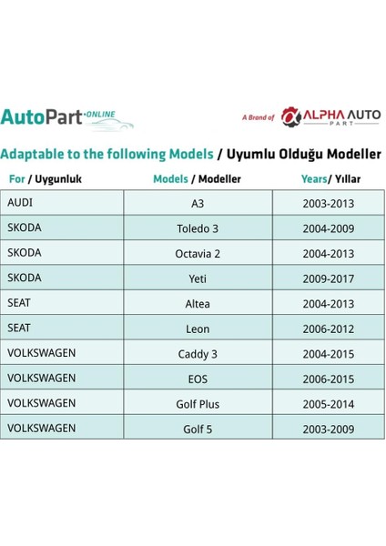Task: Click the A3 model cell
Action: point(198,203)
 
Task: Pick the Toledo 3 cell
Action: point(198,228)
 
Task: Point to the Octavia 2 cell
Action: point(198,254)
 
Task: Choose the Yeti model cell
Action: point(198,278)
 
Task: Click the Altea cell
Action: point(198,304)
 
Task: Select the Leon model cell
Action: point(198,329)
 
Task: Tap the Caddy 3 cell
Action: point(198,353)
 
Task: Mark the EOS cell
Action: point(198,379)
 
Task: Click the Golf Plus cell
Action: point(198,403)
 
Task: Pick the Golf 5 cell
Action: point(198,428)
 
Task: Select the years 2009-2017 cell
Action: point(329,278)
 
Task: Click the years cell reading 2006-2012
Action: point(329,329)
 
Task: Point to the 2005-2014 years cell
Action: point(329,403)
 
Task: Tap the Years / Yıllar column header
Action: point(329,179)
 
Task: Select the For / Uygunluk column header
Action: point(45,179)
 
